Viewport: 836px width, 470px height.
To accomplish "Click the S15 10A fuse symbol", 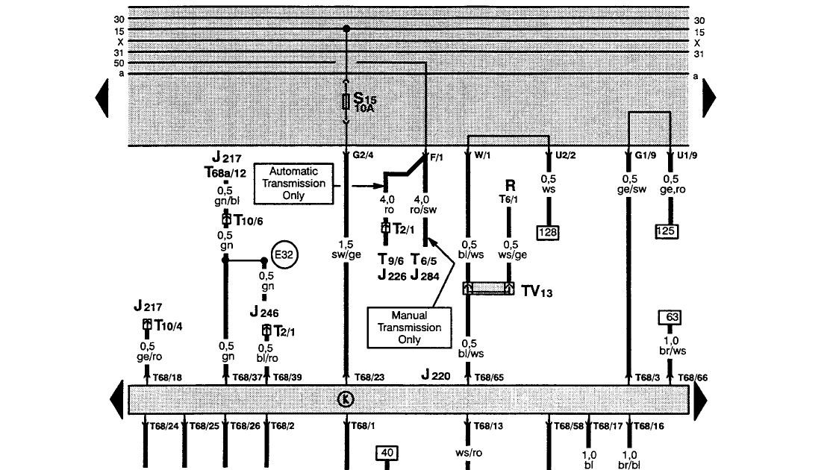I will (x=346, y=101).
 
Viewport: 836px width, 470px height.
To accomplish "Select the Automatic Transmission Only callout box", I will (x=293, y=184).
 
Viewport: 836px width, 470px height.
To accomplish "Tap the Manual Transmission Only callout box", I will (x=409, y=328).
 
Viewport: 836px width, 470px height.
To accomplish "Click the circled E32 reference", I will (x=284, y=254).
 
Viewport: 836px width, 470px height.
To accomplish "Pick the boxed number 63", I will (x=672, y=318).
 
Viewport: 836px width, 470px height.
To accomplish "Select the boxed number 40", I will (x=387, y=452).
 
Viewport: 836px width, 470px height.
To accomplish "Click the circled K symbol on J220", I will (x=345, y=399).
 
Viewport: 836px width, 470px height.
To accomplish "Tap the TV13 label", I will (x=537, y=292).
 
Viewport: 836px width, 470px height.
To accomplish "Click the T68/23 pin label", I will (x=369, y=377).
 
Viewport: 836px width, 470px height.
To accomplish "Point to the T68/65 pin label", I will (x=490, y=377).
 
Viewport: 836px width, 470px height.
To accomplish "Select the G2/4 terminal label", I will (x=363, y=157).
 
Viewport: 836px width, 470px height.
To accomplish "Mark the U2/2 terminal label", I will (x=567, y=157).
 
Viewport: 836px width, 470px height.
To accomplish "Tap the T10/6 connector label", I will (x=248, y=220).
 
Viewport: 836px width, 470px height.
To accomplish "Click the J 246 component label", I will (x=266, y=313).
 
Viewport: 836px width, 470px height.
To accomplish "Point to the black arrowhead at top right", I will (x=709, y=96).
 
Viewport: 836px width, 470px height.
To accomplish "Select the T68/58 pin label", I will (x=568, y=426).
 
